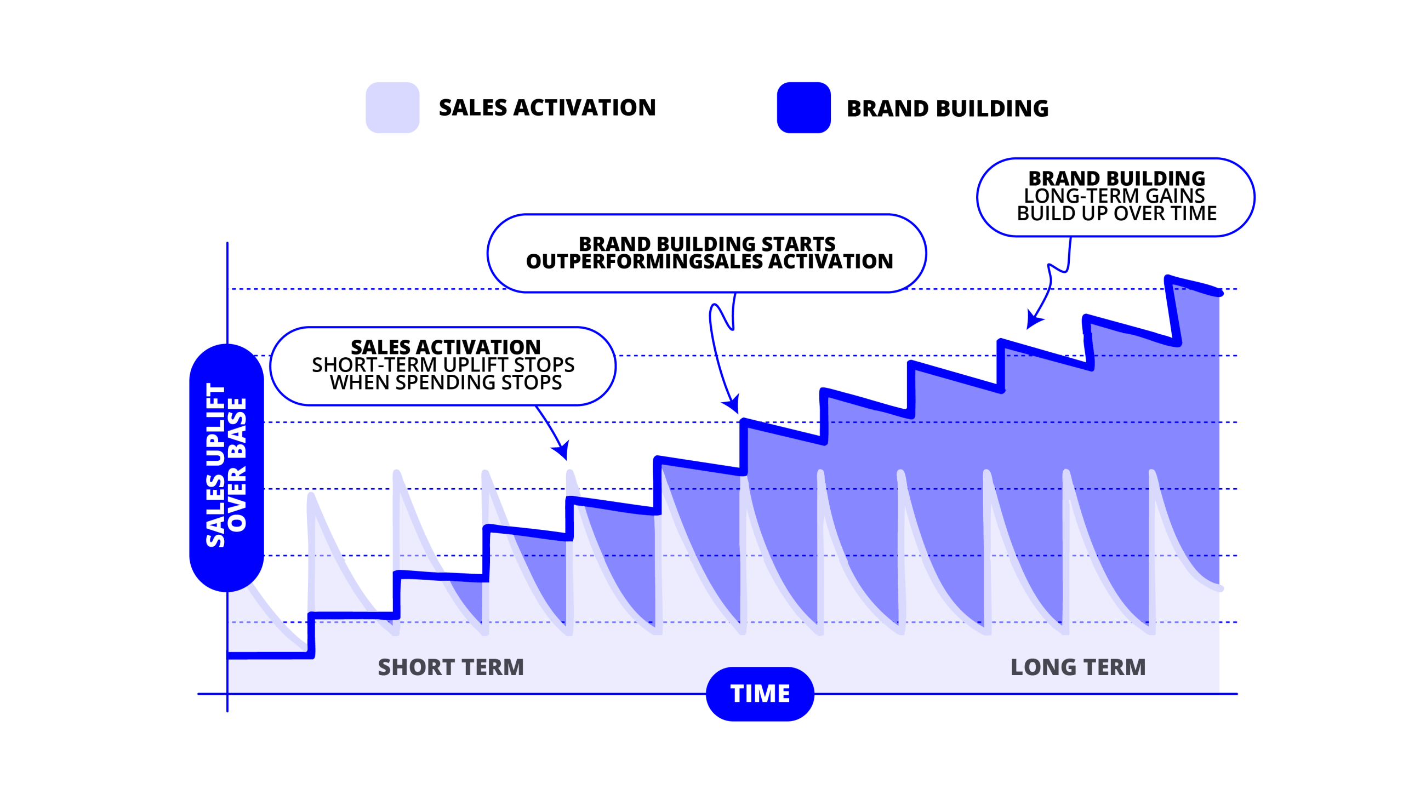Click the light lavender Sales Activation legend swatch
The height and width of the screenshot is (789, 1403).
392,107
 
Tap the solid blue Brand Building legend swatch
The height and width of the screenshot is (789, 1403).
803,107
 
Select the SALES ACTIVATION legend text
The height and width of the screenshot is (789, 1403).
547,107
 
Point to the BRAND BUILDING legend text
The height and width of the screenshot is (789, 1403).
948,108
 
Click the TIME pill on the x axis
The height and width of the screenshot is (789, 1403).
760,694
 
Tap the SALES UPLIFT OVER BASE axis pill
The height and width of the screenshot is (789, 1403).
226,467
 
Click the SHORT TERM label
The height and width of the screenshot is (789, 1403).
451,667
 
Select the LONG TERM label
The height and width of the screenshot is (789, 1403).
1078,667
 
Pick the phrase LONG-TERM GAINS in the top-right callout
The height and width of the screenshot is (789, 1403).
1114,196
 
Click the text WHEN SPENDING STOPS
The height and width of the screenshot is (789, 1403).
446,382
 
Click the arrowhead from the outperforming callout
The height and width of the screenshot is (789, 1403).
732,404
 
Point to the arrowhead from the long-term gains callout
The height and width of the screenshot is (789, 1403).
1034,320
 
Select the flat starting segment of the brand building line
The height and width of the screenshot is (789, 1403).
269,655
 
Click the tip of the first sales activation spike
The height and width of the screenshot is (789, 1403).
311,496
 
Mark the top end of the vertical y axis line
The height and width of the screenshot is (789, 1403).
227,243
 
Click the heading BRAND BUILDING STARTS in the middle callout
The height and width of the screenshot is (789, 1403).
707,244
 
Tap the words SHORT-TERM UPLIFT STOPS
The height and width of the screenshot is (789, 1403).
443,365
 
